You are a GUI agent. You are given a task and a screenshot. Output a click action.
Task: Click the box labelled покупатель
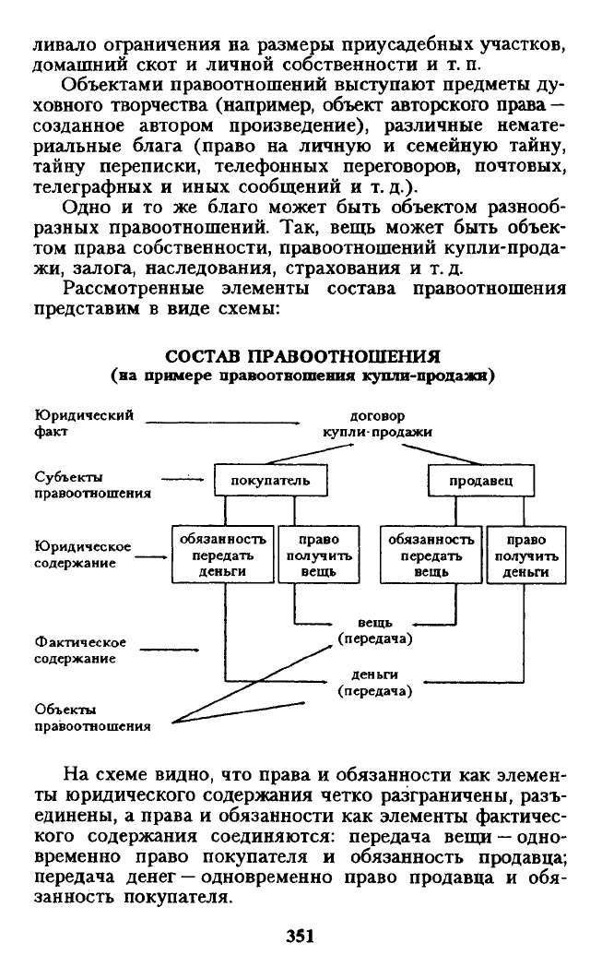coord(270,480)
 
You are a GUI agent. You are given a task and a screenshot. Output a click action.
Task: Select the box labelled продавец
coord(480,480)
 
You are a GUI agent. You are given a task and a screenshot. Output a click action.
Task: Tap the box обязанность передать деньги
coord(223,555)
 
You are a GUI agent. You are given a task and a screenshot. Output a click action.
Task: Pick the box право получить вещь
coord(319,555)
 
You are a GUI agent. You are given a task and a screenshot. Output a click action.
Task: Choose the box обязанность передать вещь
coord(431,555)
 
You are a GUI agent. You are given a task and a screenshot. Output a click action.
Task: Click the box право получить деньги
coord(525,555)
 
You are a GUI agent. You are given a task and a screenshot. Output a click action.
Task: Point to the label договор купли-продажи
coord(377,424)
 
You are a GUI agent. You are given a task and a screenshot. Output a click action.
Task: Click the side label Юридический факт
coord(84,423)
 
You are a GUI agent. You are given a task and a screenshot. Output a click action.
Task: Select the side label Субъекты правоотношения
coord(92,484)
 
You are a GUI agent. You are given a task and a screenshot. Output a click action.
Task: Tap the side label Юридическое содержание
coord(82,555)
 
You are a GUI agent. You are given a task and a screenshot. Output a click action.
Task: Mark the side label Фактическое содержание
coord(80,650)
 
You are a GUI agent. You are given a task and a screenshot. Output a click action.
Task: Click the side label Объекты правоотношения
coord(92,717)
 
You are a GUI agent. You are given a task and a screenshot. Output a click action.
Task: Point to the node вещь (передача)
coord(375,630)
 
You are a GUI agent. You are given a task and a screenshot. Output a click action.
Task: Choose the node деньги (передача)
coord(375,683)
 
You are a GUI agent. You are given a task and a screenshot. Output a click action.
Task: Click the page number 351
coord(300,936)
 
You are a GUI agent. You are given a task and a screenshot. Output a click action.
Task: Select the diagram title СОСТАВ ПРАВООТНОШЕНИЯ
coord(302,356)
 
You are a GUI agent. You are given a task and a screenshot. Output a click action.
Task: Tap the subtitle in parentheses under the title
coord(302,376)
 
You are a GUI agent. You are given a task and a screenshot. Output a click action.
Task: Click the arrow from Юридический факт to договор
coord(223,423)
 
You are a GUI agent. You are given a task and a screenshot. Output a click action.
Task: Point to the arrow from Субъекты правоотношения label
coord(183,480)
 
